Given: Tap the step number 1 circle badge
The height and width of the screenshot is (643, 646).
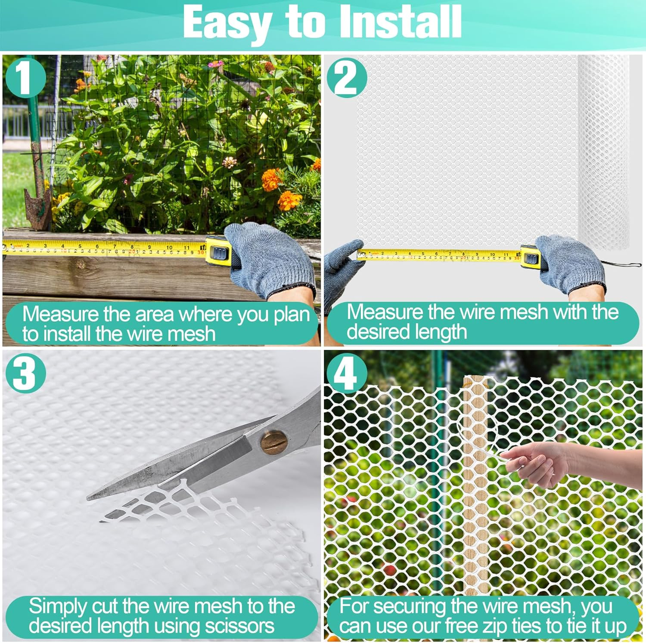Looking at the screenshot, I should [x=25, y=78].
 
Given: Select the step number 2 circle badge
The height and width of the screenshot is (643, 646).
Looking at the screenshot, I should [x=347, y=78].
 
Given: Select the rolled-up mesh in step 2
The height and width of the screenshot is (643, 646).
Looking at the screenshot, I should [x=603, y=151].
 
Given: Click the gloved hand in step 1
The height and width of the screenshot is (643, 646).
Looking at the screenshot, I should [x=269, y=258].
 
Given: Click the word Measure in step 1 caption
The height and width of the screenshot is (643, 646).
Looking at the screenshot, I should [x=60, y=314].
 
